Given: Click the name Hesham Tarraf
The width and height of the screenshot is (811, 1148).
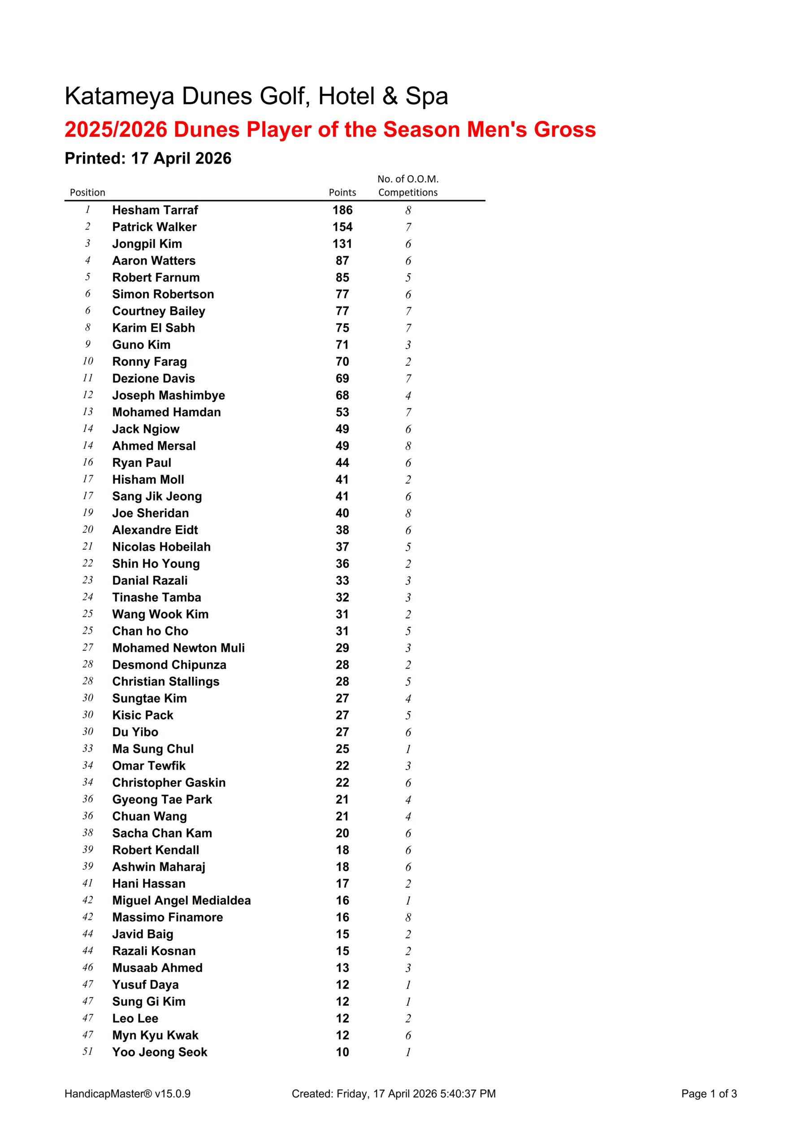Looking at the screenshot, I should pos(155,210).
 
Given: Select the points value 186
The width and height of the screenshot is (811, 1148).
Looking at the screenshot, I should pos(343,210).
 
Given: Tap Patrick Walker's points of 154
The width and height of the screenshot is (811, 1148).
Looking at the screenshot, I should pos(343,227).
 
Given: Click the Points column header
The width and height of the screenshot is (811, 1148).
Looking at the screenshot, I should pos(343,192).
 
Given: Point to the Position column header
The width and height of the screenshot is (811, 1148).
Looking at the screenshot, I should pos(87,192).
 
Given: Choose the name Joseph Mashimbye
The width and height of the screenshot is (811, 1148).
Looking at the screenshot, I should pos(169,396).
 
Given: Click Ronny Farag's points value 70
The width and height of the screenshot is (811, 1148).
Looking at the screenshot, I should pos(343,361).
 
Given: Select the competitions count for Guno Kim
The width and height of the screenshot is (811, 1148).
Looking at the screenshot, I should pos(408,345).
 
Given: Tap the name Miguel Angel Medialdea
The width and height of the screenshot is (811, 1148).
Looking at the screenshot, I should pos(182,900).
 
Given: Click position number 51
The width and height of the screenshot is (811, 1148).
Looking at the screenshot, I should pos(88,1052).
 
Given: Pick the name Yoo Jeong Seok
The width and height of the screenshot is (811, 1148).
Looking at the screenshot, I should pos(160,1052).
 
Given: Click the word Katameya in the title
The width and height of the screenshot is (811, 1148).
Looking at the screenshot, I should pos(120,96).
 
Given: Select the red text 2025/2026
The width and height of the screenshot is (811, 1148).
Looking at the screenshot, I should pos(116,130).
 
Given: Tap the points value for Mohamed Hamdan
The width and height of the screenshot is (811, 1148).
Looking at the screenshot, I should pos(343,413).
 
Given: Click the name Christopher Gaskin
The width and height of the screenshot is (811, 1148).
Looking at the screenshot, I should pos(169,783).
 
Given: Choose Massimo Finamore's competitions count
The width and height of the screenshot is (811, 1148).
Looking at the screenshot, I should pos(408,918).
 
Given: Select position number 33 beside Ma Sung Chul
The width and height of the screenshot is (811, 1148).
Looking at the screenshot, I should pos(88,748).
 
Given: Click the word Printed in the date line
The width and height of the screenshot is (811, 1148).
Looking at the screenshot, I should pos(95,158).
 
